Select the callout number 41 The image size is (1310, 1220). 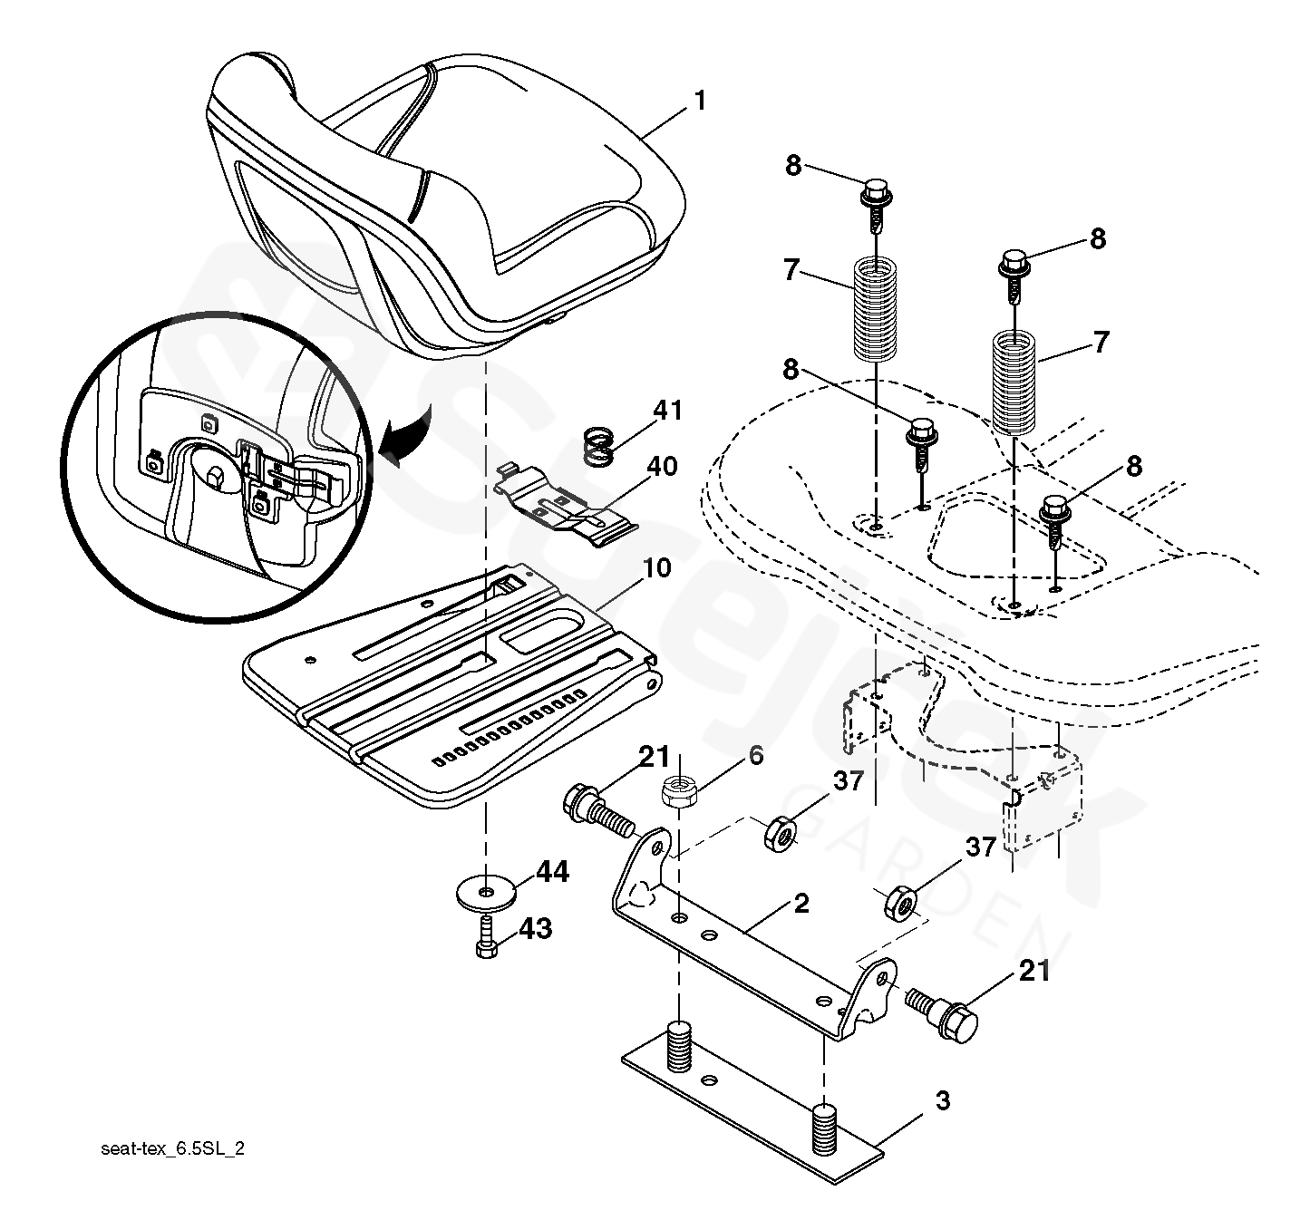(667, 412)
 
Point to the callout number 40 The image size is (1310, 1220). (662, 468)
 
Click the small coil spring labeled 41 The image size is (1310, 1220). (597, 446)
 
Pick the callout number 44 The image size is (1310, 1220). (552, 872)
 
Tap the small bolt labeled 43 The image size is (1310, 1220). (484, 937)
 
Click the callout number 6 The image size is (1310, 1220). (755, 756)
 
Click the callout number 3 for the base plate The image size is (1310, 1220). (943, 1101)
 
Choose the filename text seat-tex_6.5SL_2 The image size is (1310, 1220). (173, 1149)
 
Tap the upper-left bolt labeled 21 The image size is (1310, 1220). (595, 807)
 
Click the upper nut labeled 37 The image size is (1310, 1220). (780, 830)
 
